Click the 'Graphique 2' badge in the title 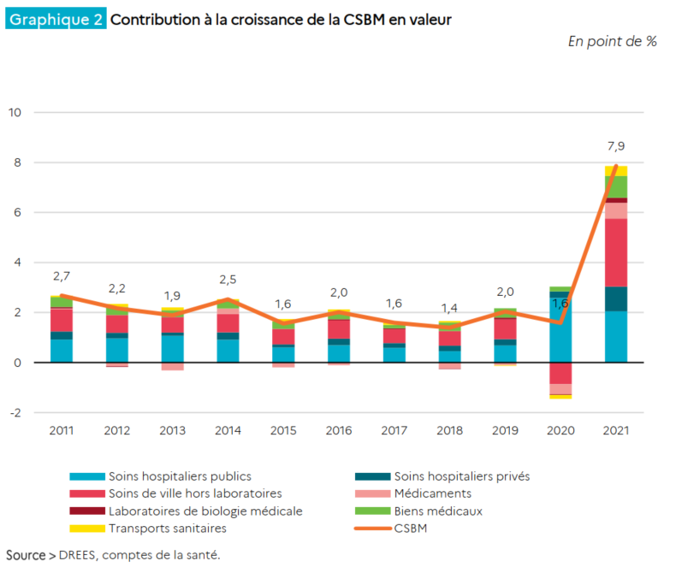56,19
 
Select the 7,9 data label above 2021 615,146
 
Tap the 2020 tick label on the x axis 560,430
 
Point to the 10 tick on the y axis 15,113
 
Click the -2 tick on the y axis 15,412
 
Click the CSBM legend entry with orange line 410,529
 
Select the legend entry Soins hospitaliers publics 180,476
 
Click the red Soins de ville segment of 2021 616,252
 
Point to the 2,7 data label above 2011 62,276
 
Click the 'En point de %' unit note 612,41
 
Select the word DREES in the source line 79,555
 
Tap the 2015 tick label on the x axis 283,430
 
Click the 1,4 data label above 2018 449,309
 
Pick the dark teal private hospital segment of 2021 616,298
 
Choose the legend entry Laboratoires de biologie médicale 205,511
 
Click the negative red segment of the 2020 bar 560,373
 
